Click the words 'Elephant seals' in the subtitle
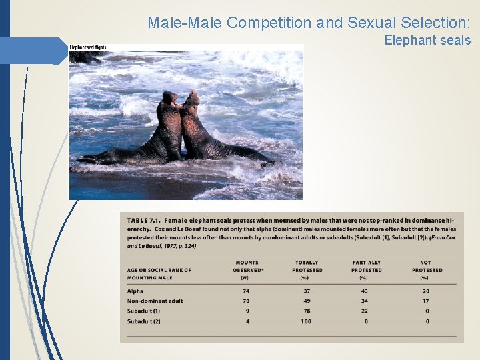point(427,41)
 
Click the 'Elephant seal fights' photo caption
point(88,47)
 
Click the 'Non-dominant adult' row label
point(155,301)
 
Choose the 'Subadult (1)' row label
point(143,311)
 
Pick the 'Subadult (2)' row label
point(143,321)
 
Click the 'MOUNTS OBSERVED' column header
point(247,267)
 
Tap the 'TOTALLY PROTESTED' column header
point(307,267)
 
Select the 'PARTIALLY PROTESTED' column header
point(367,267)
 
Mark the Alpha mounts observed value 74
point(246,291)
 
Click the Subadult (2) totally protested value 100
point(307,321)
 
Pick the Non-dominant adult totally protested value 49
point(307,301)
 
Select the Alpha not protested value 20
point(427,291)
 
